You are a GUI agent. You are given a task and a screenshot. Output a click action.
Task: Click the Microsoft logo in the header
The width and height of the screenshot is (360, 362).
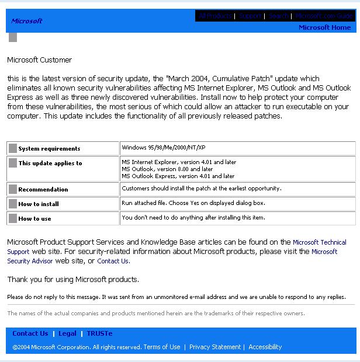27,21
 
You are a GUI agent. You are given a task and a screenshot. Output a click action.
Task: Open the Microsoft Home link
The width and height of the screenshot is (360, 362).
324,27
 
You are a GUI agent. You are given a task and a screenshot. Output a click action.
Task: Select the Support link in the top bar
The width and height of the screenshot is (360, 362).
251,16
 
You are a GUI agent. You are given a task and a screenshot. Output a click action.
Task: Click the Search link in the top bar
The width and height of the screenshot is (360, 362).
279,16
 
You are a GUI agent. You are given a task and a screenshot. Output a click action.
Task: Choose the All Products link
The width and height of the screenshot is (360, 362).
215,16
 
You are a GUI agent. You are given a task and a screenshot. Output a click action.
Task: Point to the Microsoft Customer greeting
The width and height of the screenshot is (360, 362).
39,60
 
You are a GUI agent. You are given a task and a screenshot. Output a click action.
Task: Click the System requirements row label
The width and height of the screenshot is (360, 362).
49,149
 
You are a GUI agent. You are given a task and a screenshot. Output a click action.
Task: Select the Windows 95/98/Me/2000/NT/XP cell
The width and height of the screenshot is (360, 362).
163,148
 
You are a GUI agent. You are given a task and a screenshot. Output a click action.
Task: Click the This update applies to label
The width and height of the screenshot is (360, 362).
50,163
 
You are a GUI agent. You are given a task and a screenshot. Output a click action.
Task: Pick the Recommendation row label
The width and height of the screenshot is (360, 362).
43,190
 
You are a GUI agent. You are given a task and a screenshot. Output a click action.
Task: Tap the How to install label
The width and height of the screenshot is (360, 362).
39,204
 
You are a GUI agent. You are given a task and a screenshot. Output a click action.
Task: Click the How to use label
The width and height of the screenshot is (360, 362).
34,219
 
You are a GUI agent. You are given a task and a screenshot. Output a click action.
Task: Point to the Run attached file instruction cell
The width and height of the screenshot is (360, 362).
193,203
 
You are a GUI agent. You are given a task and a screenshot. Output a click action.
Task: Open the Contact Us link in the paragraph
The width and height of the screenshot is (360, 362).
113,261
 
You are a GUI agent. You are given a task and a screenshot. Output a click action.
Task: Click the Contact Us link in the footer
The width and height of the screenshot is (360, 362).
30,333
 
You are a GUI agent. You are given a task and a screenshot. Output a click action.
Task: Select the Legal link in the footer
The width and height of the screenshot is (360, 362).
67,333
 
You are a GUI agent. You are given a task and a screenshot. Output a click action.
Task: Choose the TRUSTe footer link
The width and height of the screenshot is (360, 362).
99,333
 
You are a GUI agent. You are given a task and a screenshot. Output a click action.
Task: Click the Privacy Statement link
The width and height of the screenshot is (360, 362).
214,347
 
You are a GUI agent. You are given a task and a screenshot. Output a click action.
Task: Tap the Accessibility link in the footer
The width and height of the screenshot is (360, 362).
265,347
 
